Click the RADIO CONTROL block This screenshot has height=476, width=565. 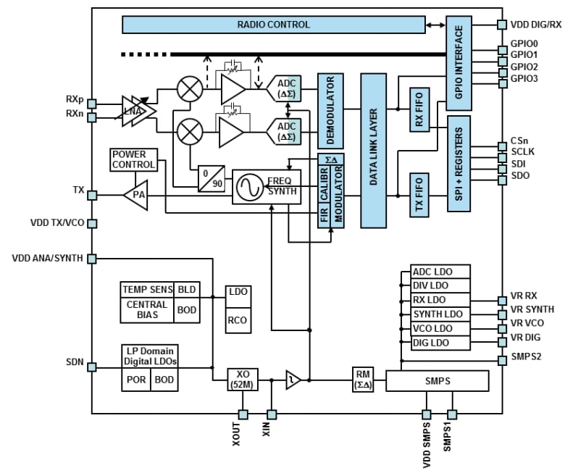coord(273,25)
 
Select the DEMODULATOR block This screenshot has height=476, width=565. coord(330,110)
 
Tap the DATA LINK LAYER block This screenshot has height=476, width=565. coord(374,149)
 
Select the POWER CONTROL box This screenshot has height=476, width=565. coord(129,159)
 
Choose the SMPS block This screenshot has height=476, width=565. coord(437,380)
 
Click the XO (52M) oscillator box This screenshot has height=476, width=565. coord(242,380)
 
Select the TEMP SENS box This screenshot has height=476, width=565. coord(147,290)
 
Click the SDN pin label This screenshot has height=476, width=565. coord(73,361)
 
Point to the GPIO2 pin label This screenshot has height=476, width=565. coord(524,67)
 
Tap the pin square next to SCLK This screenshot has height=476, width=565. coord(501,153)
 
